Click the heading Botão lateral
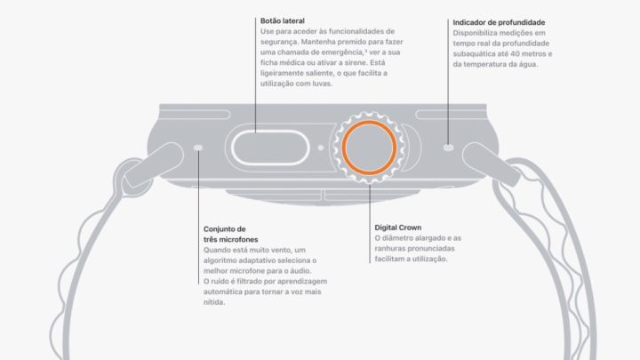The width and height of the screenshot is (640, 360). click(x=283, y=20)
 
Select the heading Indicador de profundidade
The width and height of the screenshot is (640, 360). click(x=499, y=22)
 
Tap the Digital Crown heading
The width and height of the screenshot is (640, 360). click(x=398, y=228)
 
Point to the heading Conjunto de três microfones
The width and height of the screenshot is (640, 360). click(x=230, y=235)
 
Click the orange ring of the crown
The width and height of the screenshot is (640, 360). click(x=369, y=121)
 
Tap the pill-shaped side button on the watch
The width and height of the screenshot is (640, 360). click(x=270, y=148)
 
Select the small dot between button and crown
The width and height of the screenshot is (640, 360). click(x=321, y=148)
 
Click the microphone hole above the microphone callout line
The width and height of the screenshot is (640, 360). click(x=198, y=148)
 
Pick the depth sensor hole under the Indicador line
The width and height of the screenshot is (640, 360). click(x=448, y=148)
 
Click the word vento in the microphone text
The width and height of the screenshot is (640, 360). click(x=281, y=250)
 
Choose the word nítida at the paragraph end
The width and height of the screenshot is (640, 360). click(x=214, y=302)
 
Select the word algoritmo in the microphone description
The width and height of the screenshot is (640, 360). click(x=220, y=260)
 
